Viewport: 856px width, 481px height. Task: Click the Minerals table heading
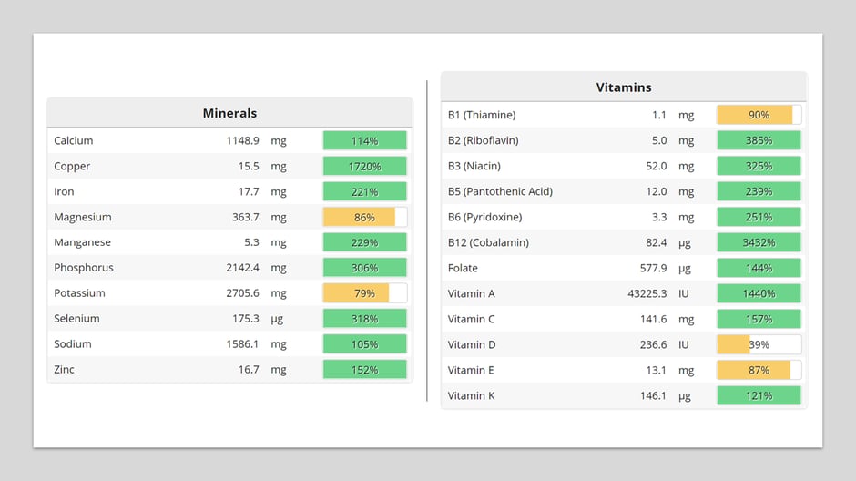(x=229, y=113)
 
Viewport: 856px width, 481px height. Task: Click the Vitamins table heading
(x=624, y=87)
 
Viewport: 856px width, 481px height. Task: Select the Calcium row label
(x=74, y=140)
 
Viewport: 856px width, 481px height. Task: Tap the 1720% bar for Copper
(x=364, y=166)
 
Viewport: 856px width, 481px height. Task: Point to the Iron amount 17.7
(x=246, y=191)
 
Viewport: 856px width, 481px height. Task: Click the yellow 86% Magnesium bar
(x=360, y=217)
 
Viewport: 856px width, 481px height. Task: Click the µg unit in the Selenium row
(x=277, y=319)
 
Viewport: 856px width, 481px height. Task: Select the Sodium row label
(x=73, y=344)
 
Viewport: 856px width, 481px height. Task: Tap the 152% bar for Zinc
(x=364, y=370)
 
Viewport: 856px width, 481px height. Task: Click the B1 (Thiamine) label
(x=482, y=115)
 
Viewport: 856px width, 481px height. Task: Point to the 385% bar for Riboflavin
(x=759, y=140)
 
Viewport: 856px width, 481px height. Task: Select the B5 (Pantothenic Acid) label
(x=500, y=191)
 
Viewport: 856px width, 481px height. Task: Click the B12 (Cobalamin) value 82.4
(x=656, y=242)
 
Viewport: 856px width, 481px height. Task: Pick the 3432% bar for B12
(x=759, y=242)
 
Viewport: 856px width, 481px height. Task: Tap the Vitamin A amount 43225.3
(x=647, y=293)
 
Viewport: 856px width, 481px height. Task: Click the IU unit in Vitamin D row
(x=683, y=344)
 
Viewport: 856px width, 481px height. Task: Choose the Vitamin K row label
(x=472, y=395)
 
